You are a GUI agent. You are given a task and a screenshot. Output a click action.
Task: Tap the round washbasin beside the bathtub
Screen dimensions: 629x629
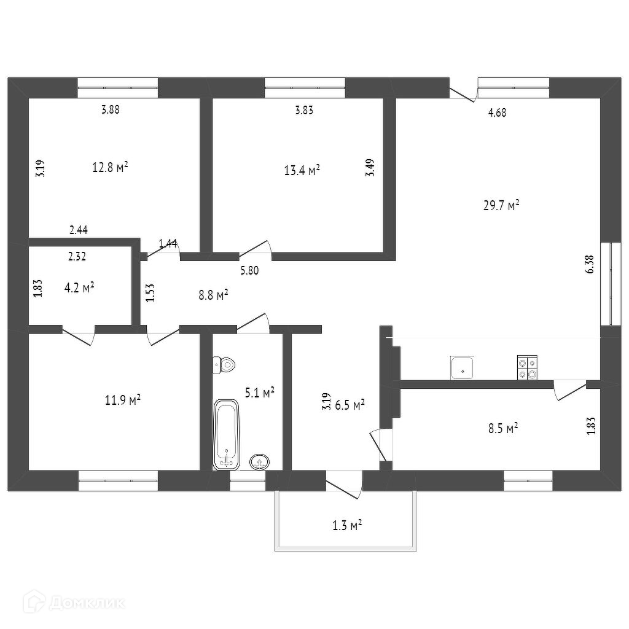coord(259,461)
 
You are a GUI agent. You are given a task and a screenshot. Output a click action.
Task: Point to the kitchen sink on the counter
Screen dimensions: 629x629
coord(461,368)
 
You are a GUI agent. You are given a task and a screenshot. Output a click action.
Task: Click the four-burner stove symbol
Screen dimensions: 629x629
coord(526,368)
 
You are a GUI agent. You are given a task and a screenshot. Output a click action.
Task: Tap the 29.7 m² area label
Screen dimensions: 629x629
coord(501,205)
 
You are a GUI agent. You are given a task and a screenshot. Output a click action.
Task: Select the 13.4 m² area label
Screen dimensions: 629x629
coord(302,170)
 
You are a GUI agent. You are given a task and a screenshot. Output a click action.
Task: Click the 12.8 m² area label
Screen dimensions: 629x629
coord(110,167)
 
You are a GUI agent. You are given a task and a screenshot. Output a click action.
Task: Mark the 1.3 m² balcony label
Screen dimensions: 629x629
coord(346,525)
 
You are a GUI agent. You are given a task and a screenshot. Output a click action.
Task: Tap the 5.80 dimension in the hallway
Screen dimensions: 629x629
coord(249,270)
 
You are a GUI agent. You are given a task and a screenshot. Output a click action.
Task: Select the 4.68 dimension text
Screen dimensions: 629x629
coord(497,112)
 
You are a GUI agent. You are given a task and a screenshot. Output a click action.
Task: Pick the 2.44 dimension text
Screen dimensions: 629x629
coord(79,230)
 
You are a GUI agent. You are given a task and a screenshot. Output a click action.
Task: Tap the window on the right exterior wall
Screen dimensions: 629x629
coord(610,284)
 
